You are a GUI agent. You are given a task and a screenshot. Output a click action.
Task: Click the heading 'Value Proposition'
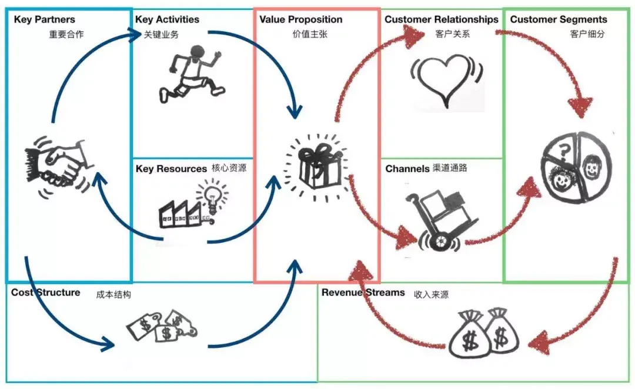pyautogui.click(x=301, y=19)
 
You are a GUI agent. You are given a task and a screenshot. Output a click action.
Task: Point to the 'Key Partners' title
pyautogui.click(x=45, y=19)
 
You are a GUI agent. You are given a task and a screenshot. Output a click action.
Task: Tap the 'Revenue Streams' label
pyautogui.click(x=363, y=292)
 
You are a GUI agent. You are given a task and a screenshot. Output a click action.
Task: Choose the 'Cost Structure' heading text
pyautogui.click(x=45, y=292)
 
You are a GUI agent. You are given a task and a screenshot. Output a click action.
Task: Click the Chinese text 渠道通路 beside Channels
pyautogui.click(x=450, y=168)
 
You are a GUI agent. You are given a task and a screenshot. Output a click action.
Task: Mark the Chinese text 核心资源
pyautogui.click(x=229, y=168)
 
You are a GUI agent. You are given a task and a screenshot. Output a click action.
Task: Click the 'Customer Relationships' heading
pyautogui.click(x=442, y=19)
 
